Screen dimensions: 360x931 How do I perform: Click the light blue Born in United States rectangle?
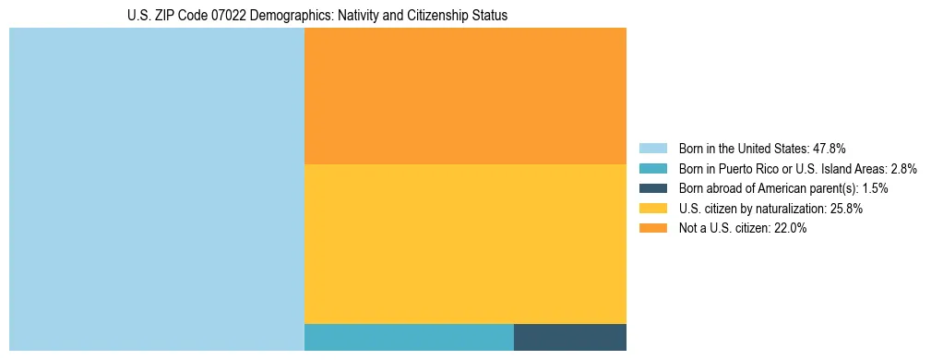tap(157, 189)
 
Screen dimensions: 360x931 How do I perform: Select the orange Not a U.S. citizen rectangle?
tap(465, 96)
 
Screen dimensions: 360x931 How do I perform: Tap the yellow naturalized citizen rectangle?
tap(465, 244)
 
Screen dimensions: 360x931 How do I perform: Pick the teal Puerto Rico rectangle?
tap(409, 337)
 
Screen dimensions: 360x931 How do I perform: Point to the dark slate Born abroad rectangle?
tap(570, 337)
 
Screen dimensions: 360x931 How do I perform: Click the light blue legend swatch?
tap(652, 148)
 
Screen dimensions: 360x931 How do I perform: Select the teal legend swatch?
tap(652, 168)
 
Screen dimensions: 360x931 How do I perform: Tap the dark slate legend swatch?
tap(652, 188)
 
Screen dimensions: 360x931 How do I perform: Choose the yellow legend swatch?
tap(652, 209)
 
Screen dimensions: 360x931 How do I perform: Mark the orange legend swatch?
tap(652, 229)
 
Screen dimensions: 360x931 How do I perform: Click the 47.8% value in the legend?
tap(830, 148)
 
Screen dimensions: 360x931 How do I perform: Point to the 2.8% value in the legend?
tap(904, 168)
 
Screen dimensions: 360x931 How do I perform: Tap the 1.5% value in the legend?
tap(876, 188)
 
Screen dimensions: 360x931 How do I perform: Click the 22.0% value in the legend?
tap(791, 229)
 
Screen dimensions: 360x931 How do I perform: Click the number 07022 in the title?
tap(229, 16)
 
